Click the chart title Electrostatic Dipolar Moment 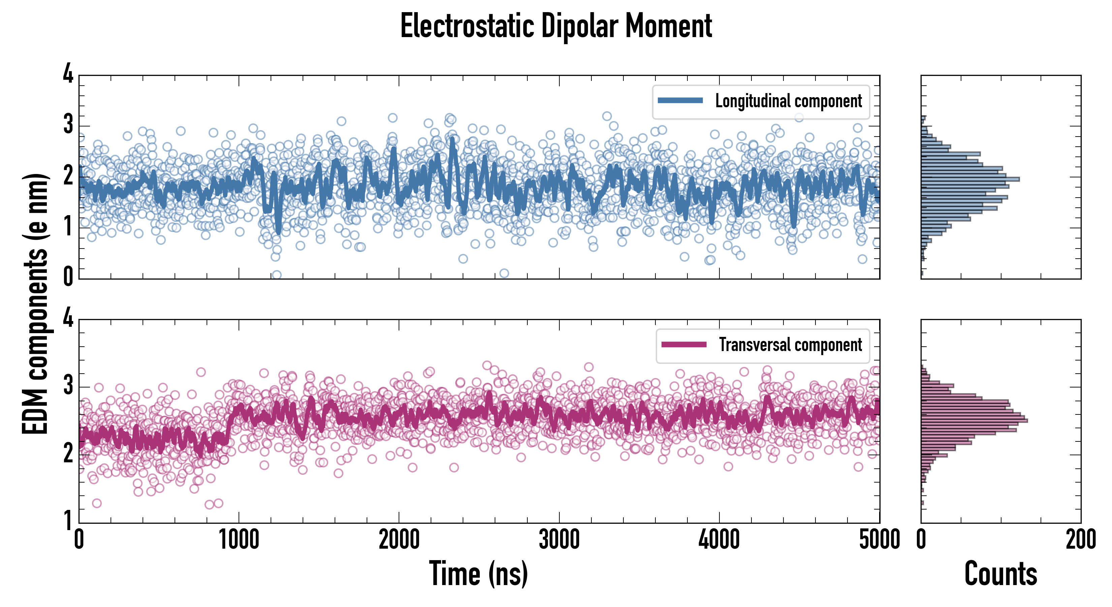[556, 26]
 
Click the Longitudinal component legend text [788, 101]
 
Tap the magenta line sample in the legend [684, 344]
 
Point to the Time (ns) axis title [478, 573]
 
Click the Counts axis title [1000, 573]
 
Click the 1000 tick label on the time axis [239, 540]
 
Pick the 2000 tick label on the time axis [399, 540]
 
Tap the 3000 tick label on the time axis [559, 540]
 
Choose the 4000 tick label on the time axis [719, 540]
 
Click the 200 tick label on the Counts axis [1080, 540]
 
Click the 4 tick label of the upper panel [68, 74]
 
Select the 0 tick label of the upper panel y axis [68, 277]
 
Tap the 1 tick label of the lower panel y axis [68, 520]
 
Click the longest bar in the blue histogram [970, 179]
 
